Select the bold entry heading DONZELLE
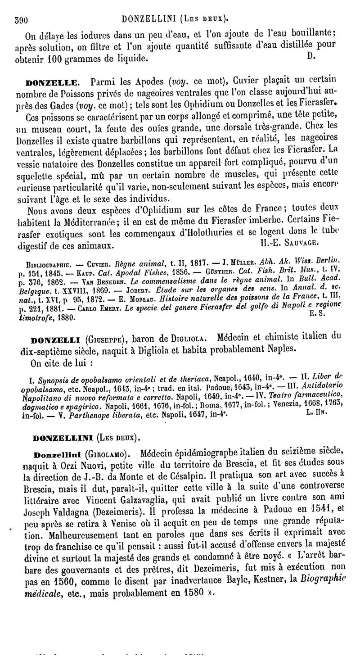(59, 82)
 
